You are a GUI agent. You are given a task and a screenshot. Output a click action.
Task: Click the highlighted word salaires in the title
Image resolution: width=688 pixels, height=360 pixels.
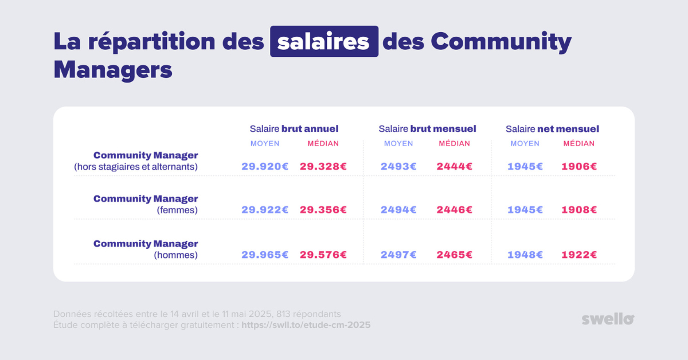pyautogui.click(x=324, y=41)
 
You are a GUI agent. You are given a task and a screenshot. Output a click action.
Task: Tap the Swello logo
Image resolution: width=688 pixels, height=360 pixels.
pyautogui.click(x=608, y=319)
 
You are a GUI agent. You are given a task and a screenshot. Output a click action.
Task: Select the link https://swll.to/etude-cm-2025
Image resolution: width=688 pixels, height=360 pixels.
pyautogui.click(x=306, y=325)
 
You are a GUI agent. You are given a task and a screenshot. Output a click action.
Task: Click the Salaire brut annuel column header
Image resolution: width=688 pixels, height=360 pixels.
pyautogui.click(x=294, y=128)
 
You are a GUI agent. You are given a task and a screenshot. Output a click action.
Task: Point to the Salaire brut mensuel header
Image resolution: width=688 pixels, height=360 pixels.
pyautogui.click(x=427, y=128)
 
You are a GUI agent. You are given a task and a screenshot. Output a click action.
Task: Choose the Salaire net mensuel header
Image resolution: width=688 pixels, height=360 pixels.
pyautogui.click(x=552, y=128)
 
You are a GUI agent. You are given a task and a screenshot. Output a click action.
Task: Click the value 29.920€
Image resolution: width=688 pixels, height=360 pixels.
pyautogui.click(x=265, y=166)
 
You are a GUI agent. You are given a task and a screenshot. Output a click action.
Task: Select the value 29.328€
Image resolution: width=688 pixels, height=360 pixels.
pyautogui.click(x=323, y=166)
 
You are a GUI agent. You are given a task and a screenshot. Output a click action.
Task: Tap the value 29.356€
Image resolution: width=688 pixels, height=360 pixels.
pyautogui.click(x=323, y=210)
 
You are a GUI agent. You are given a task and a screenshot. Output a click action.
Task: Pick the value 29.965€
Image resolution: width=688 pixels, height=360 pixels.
pyautogui.click(x=265, y=255)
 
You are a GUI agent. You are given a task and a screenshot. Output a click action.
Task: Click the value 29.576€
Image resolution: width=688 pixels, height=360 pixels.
pyautogui.click(x=323, y=255)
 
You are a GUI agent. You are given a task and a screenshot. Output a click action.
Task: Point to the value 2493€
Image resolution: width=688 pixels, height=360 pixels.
pyautogui.click(x=398, y=166)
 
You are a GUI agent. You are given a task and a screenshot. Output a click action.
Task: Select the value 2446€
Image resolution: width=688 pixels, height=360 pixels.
pyautogui.click(x=455, y=210)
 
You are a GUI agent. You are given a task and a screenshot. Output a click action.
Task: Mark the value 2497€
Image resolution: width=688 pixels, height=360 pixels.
pyautogui.click(x=398, y=255)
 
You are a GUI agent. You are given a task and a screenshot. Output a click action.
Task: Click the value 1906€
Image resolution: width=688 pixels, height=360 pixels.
pyautogui.click(x=579, y=166)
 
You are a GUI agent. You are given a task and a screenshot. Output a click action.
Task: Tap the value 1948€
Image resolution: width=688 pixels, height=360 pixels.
pyautogui.click(x=525, y=255)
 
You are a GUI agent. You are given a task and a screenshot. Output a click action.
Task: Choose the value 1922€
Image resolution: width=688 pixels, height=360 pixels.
pyautogui.click(x=579, y=255)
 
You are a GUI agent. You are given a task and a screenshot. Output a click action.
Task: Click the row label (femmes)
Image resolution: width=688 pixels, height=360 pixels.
pyautogui.click(x=177, y=210)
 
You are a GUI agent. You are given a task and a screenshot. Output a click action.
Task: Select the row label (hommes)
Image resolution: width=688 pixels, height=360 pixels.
pyautogui.click(x=175, y=255)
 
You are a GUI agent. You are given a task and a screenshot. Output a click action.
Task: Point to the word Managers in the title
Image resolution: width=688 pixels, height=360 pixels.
pyautogui.click(x=113, y=70)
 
